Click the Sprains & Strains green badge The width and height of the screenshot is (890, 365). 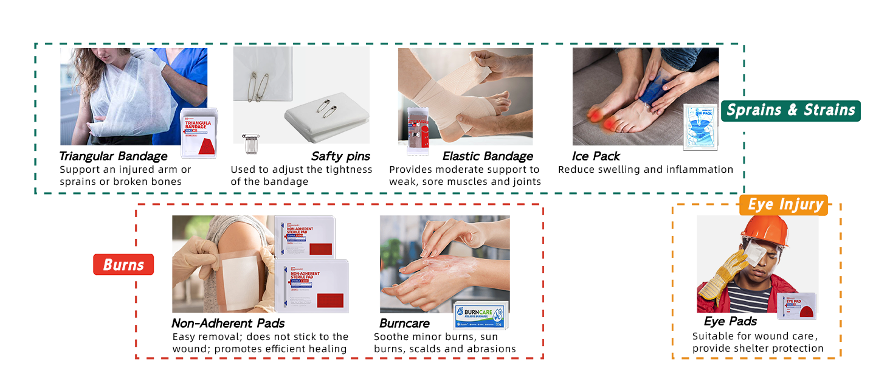click(790, 111)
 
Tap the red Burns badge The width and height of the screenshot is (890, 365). click(123, 265)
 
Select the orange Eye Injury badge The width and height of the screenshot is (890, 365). click(784, 205)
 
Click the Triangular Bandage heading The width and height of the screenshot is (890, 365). click(113, 156)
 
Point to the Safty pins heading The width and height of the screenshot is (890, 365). click(340, 156)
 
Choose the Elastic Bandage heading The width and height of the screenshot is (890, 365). click(488, 156)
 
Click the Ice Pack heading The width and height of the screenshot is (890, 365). click(596, 156)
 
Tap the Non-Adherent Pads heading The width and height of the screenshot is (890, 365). click(228, 323)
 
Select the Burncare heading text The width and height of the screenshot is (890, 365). click(404, 323)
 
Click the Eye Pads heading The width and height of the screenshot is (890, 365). click(730, 321)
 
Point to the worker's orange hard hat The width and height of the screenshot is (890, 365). click(764, 231)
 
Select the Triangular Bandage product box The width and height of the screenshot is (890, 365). click(199, 134)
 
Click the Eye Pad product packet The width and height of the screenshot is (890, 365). click(797, 306)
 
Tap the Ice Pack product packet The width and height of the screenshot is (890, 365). click(701, 127)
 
